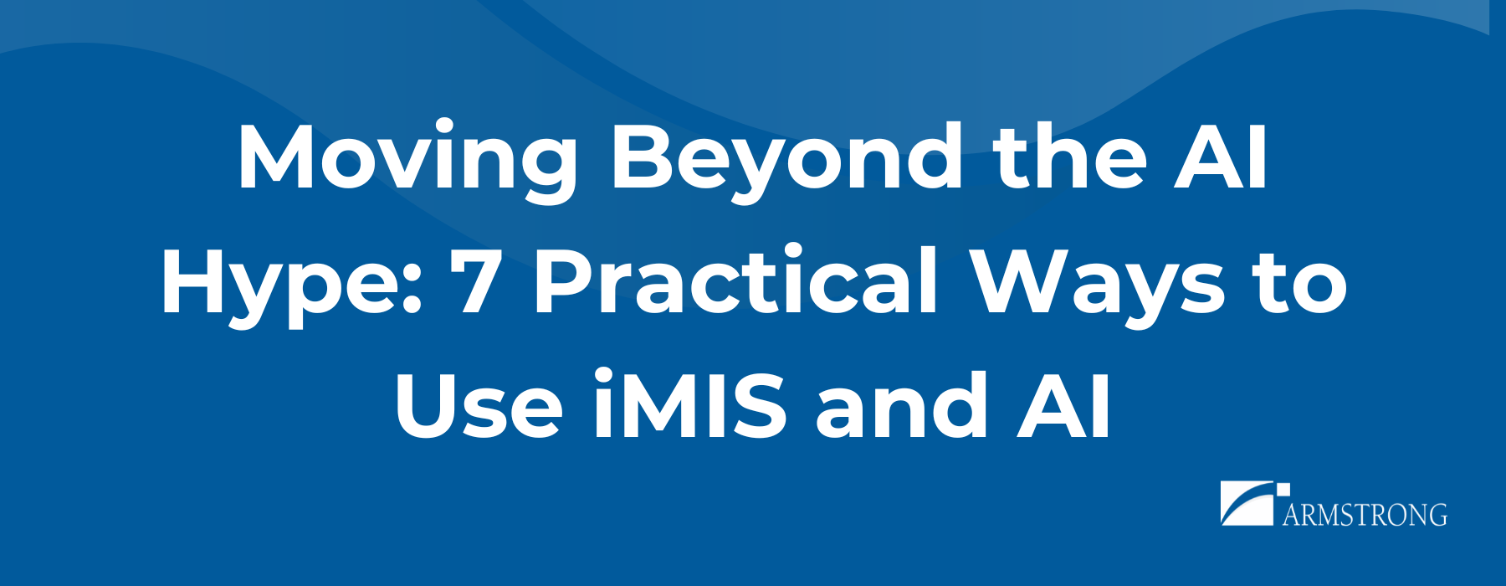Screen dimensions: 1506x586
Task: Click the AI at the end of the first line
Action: tap(1222, 157)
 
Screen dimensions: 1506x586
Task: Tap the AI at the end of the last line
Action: tap(1063, 406)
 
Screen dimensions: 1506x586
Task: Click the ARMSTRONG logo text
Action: tap(1365, 514)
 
